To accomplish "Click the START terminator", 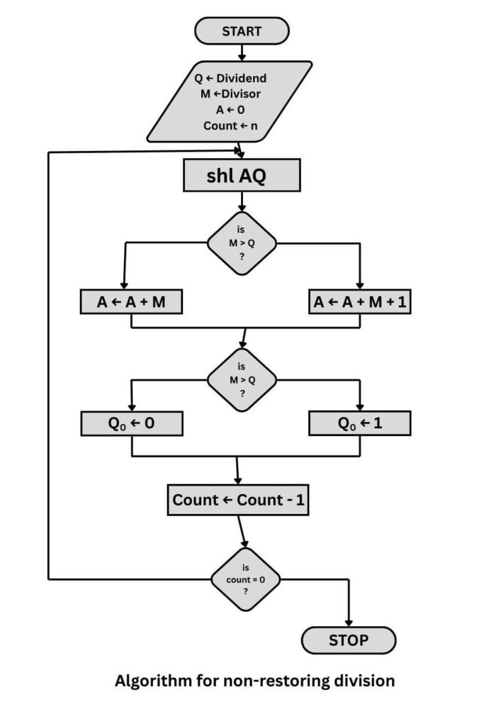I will pyautogui.click(x=242, y=31).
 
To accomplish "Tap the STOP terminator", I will pyautogui.click(x=349, y=640).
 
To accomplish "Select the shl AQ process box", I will pyautogui.click(x=242, y=175).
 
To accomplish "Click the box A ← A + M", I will pyautogui.click(x=131, y=303).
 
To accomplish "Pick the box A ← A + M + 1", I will pyautogui.click(x=360, y=303).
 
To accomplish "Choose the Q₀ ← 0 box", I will pyautogui.click(x=131, y=423).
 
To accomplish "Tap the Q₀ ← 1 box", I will pyautogui.click(x=360, y=423).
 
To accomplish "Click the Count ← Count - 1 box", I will pyautogui.click(x=239, y=500).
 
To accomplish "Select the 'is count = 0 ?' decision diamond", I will pyautogui.click(x=246, y=579).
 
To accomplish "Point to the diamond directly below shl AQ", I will pyautogui.click(x=242, y=243).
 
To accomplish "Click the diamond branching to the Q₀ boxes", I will pyautogui.click(x=242, y=379).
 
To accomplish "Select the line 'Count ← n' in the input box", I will pyautogui.click(x=230, y=125).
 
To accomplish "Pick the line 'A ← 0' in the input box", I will pyautogui.click(x=230, y=110).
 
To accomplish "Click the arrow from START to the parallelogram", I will pyautogui.click(x=242, y=52).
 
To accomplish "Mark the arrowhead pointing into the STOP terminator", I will pyautogui.click(x=349, y=621).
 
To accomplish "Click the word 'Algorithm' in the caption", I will pyautogui.click(x=148, y=681).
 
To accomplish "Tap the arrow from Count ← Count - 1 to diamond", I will pyautogui.click(x=242, y=531).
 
